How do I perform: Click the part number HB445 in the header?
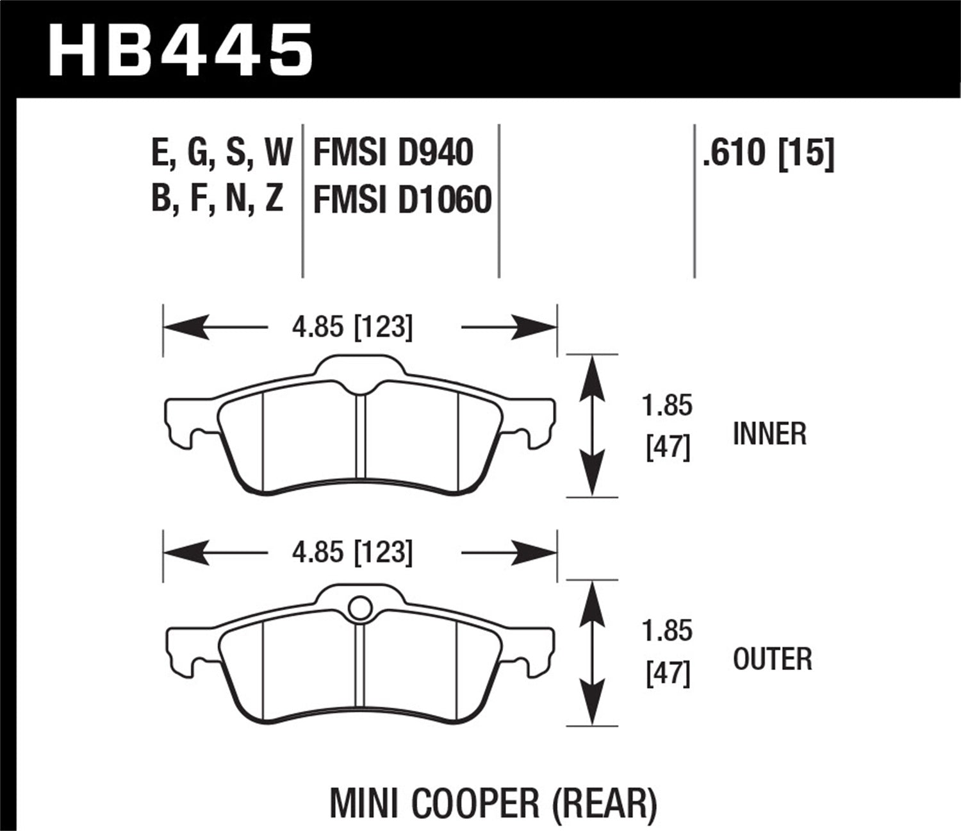[181, 49]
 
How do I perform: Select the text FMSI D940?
[393, 153]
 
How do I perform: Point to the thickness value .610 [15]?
[768, 153]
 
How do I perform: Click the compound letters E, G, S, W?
[222, 153]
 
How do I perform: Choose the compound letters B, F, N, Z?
[217, 199]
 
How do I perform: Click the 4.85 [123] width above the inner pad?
[352, 328]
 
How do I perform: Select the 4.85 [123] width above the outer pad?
[352, 552]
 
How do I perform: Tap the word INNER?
[769, 434]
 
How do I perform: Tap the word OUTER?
[772, 659]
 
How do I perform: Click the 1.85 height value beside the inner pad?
[667, 406]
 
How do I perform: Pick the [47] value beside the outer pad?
[668, 674]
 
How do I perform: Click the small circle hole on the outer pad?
[359, 607]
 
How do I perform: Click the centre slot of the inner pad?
[360, 442]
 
